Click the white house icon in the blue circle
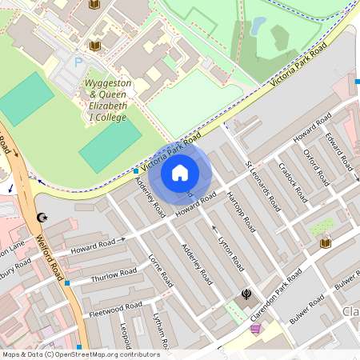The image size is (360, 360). pos(180,172)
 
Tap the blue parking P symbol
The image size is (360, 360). pos(78,62)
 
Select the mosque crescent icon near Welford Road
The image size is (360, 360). pos(42,218)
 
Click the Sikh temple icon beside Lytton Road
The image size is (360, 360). pos(246,294)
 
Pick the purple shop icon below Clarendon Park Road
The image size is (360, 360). pos(255,328)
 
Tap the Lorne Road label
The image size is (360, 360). pos(161,270)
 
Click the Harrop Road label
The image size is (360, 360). pos(240,211)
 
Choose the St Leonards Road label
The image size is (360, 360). pos(262,185)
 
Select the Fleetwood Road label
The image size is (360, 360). pos(115,308)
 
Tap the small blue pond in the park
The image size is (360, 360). pos(258,26)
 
